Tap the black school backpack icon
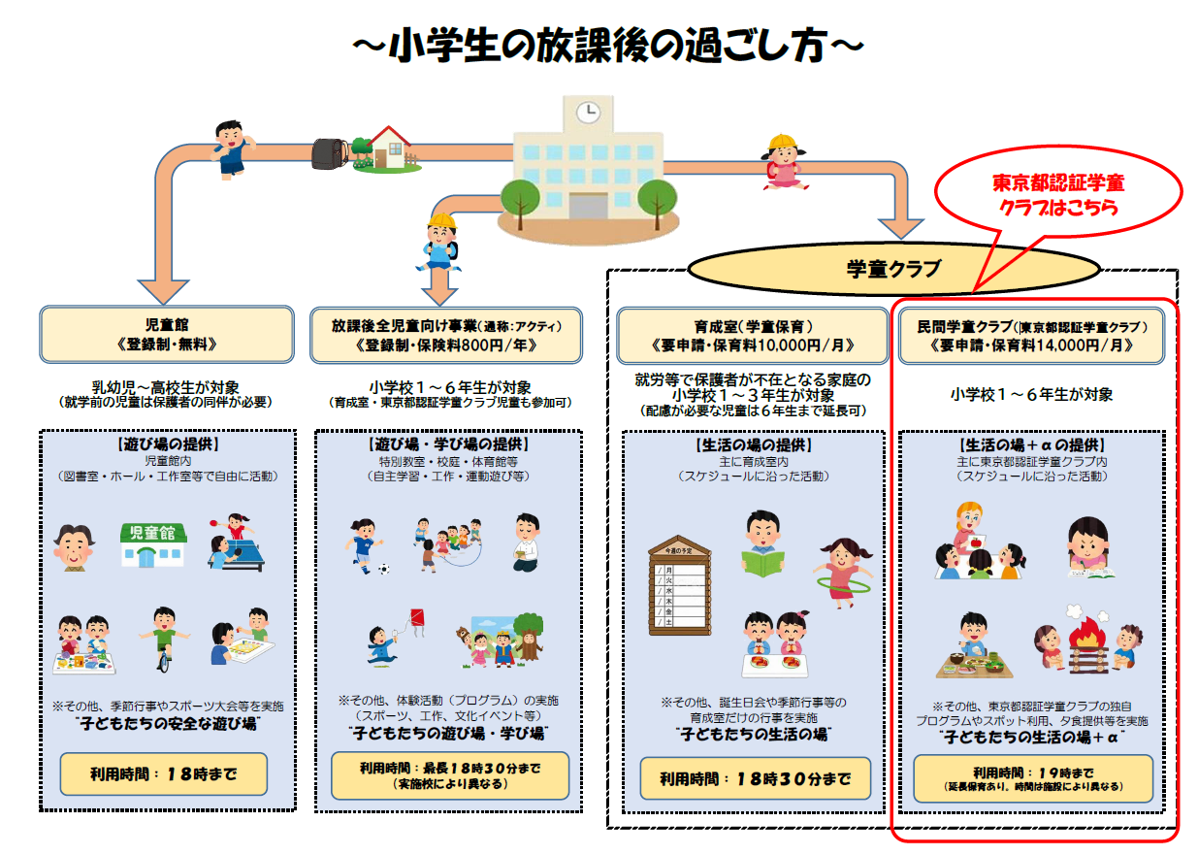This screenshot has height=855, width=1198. pos(330,153)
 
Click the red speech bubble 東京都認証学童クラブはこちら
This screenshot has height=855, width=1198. pos(1057,194)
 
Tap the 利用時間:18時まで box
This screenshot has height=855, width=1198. pos(164,773)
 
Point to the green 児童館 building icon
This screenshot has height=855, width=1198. pos(152,543)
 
